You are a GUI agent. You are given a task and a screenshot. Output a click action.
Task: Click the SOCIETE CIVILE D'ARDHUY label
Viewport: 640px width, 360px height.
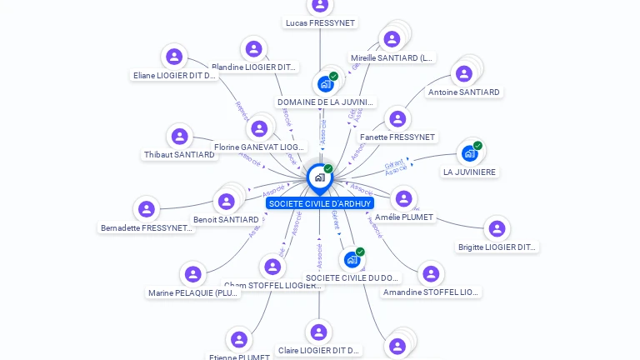pos(319,203)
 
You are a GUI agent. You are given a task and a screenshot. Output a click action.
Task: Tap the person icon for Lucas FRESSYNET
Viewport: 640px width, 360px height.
pos(320,5)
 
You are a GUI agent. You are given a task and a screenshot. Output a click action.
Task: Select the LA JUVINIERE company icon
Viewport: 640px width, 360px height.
pos(470,153)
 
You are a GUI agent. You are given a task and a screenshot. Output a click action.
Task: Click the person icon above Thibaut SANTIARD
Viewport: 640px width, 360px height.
pos(179,136)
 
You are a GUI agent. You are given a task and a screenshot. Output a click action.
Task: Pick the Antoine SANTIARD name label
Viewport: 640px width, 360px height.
pos(464,92)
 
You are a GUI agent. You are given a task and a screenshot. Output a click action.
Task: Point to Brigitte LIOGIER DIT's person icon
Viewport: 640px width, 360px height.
pos(497,228)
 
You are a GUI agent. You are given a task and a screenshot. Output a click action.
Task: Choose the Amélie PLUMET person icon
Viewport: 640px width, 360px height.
pos(404,198)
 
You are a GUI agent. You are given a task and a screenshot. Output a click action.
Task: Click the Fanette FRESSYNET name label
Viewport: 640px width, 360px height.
pos(397,137)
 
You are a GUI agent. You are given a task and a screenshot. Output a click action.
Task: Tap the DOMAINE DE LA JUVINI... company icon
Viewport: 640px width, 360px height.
pos(326,84)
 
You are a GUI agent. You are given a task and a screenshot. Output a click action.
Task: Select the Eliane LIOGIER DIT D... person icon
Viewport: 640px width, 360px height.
pos(174,57)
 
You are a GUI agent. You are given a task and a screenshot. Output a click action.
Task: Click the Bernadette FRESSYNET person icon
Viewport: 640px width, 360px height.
pos(147,208)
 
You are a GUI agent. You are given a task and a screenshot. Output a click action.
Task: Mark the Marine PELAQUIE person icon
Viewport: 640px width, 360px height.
pos(193,274)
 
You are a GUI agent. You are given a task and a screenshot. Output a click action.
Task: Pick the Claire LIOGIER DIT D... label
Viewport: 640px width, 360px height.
pos(319,351)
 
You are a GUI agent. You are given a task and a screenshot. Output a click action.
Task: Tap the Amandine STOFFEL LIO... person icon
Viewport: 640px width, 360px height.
pos(431,273)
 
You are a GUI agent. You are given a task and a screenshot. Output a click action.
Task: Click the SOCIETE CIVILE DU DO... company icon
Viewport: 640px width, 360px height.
pos(352,260)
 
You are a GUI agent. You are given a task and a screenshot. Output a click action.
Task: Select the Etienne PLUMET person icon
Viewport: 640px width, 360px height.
pos(239,339)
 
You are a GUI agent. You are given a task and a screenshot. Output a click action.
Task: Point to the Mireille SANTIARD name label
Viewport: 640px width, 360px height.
pos(392,58)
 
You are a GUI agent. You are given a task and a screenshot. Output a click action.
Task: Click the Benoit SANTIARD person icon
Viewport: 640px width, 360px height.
pos(226,202)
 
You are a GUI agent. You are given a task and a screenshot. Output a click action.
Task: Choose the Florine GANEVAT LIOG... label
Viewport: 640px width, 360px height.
pos(259,147)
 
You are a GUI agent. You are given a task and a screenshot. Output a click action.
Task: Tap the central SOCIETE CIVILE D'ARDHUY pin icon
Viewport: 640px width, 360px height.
pos(319,177)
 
